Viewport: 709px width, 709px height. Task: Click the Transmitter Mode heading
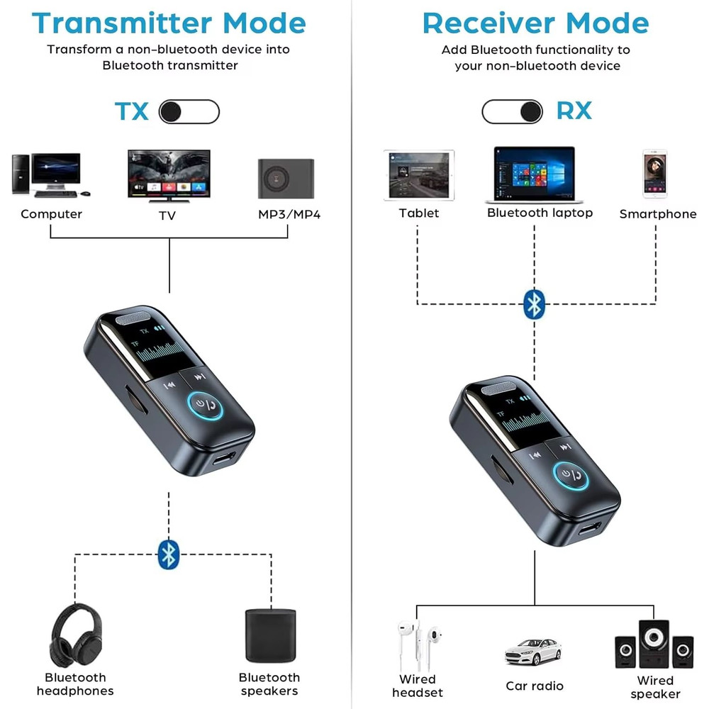click(x=169, y=23)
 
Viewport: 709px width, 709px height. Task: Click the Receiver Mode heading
click(x=535, y=23)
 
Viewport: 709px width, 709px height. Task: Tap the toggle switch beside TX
click(x=189, y=111)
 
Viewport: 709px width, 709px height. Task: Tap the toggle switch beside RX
click(x=512, y=111)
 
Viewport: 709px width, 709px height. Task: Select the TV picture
click(x=169, y=174)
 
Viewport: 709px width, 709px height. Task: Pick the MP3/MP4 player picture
click(x=286, y=177)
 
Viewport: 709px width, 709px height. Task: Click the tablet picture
click(x=418, y=175)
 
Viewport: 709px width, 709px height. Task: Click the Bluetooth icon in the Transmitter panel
click(x=168, y=554)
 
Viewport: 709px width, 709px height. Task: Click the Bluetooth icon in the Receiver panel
click(x=535, y=304)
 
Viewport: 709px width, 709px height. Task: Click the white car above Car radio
click(x=532, y=652)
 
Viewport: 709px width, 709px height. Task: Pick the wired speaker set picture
click(x=653, y=646)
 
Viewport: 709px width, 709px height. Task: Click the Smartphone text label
click(x=657, y=213)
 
